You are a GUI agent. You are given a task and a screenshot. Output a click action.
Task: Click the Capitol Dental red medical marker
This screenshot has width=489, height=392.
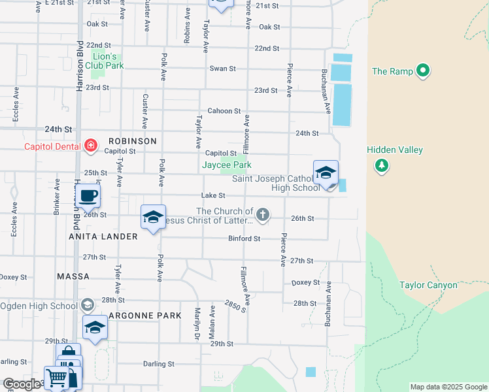[x=90, y=146]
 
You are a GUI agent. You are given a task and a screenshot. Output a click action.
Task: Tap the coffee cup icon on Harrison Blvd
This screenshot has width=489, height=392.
[x=88, y=195]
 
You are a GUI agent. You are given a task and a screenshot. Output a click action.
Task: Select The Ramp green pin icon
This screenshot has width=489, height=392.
[x=423, y=71]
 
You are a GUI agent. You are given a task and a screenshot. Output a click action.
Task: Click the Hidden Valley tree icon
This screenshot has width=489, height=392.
[x=381, y=166]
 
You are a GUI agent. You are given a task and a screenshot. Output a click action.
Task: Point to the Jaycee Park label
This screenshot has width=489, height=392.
[x=226, y=165]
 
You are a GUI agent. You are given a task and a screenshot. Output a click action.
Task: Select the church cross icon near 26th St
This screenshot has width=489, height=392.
[x=262, y=214]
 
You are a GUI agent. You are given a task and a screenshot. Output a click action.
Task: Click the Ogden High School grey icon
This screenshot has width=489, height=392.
[x=88, y=305]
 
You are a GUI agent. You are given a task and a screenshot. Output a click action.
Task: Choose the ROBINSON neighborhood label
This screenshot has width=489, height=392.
[x=133, y=141]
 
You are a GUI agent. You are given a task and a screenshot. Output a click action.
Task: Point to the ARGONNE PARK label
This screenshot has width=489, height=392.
[x=144, y=316]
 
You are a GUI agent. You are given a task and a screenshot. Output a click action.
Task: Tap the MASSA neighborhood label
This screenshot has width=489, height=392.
[x=73, y=276]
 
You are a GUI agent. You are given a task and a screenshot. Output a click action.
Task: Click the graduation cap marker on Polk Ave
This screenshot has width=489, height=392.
[x=153, y=218]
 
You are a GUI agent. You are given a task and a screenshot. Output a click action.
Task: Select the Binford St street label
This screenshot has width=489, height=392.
[x=244, y=239]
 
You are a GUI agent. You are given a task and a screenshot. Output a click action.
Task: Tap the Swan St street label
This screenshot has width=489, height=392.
[x=218, y=69]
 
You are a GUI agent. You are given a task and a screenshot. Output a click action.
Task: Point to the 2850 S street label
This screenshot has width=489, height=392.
[x=234, y=305]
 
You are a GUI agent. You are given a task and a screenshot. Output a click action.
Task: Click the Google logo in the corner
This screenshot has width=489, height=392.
[x=22, y=384]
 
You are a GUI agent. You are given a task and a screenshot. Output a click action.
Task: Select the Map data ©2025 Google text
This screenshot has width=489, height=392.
[x=448, y=387]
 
